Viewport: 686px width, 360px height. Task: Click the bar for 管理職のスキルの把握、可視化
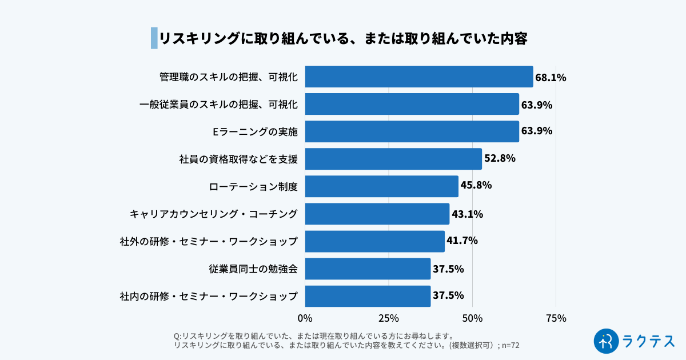(418, 77)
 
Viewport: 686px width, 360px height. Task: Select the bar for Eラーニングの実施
(412, 131)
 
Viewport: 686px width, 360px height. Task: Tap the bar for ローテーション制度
(381, 186)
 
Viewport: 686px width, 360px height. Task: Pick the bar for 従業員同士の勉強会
(368, 269)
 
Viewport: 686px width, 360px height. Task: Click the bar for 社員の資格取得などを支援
(393, 159)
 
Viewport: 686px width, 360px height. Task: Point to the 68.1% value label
(551, 78)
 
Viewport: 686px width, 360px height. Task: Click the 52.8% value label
(500, 158)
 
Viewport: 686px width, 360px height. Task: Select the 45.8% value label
(476, 185)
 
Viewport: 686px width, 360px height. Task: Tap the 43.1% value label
(467, 214)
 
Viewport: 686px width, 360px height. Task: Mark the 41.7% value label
(462, 241)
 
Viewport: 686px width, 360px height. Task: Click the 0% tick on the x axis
(305, 318)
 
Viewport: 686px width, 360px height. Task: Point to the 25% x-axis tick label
(388, 318)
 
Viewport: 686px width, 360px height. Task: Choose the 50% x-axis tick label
(472, 318)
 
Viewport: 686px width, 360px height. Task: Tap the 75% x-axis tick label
(556, 318)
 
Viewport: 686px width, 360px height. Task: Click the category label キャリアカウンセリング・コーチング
(214, 214)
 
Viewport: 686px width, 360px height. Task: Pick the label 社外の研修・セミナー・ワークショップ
(209, 241)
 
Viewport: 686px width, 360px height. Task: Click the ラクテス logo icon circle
(607, 341)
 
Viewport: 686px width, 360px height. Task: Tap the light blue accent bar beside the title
(154, 38)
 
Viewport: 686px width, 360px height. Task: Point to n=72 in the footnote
(510, 345)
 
